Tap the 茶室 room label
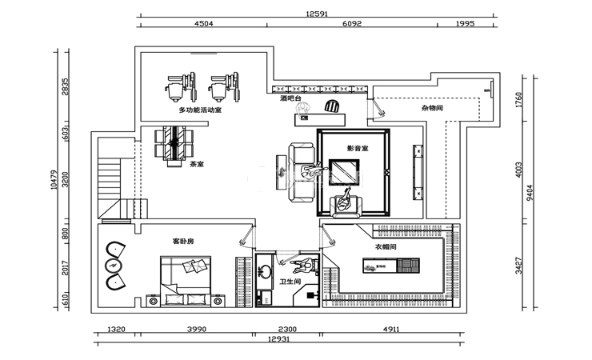click(x=196, y=166)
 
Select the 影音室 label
click(x=357, y=149)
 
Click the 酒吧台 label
click(x=291, y=100)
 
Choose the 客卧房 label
click(x=183, y=240)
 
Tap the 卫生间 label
click(x=290, y=282)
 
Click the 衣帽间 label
click(x=386, y=247)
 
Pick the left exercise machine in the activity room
click(x=178, y=85)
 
